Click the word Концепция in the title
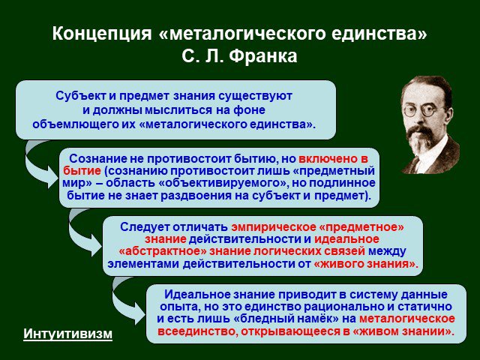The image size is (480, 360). [102, 34]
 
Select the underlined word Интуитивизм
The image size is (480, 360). [68, 334]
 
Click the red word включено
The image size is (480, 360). [328, 158]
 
